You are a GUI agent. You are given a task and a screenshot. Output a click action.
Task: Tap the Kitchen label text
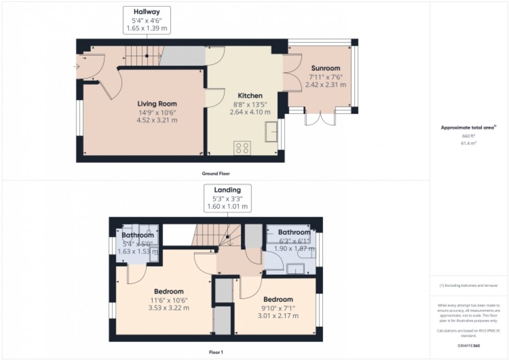(x=250, y=96)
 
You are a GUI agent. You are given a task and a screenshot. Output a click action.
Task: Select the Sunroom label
(x=326, y=68)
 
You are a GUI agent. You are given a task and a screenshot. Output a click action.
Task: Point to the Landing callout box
(x=227, y=197)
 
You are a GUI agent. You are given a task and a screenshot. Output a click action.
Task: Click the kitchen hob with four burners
(x=242, y=148)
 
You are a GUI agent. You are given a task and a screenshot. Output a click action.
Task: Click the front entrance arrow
(x=77, y=66)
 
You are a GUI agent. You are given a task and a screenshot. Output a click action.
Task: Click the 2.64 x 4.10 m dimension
(x=250, y=112)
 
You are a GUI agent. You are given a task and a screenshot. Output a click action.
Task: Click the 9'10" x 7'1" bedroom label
(x=278, y=308)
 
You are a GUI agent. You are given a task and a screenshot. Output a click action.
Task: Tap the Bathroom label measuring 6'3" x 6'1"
(x=293, y=232)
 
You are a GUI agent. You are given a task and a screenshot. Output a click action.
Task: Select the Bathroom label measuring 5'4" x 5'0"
(x=138, y=235)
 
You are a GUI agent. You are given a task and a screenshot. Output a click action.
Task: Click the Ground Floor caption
(x=216, y=173)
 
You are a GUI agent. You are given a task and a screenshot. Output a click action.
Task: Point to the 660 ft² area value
(x=468, y=135)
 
